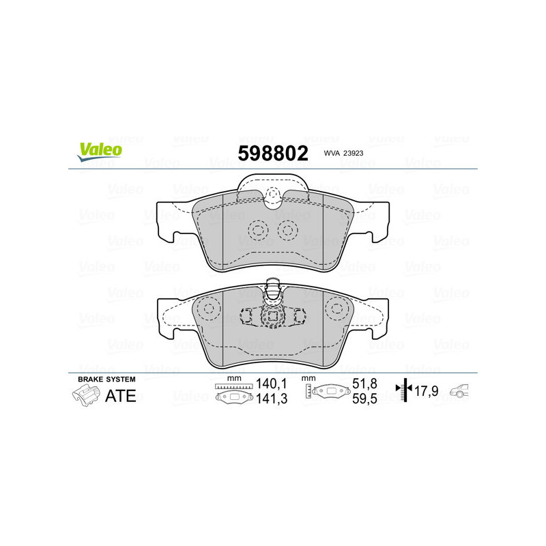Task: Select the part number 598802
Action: [x=272, y=152]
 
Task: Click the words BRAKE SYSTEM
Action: [x=106, y=379]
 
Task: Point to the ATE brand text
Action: [x=120, y=396]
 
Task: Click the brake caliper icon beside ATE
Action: [x=85, y=395]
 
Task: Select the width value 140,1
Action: [x=268, y=384]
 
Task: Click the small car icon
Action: [x=461, y=391]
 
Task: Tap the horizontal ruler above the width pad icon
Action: [x=233, y=387]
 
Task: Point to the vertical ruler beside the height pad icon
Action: [x=309, y=392]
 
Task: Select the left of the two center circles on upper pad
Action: [x=257, y=230]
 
